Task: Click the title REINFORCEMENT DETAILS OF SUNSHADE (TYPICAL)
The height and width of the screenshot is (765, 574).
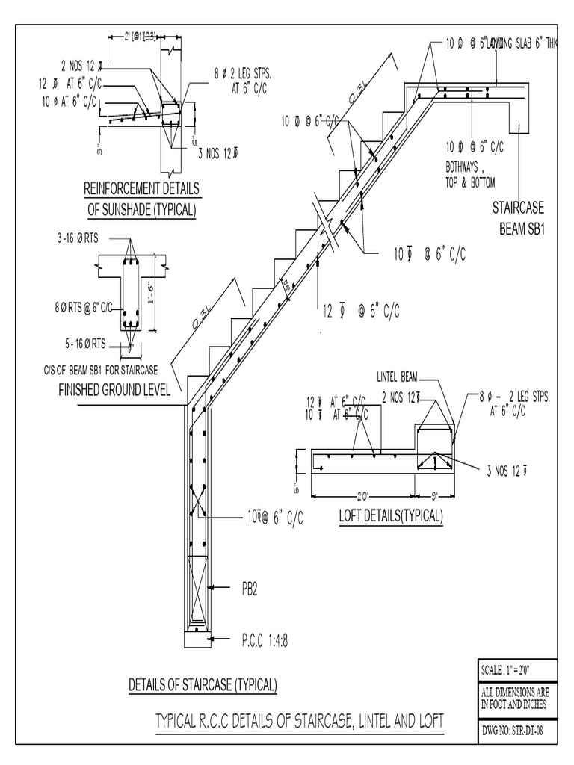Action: coord(141,198)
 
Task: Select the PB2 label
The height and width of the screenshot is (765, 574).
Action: coord(250,589)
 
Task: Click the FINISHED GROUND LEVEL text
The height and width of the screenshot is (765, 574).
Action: coord(114,390)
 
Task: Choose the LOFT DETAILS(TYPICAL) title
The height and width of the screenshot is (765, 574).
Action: coord(391,516)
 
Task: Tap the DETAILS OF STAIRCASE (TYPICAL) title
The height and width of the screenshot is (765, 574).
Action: coord(203,684)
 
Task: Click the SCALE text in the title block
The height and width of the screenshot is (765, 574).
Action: coord(507,669)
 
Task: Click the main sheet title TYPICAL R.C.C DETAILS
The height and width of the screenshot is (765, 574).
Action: coord(299,721)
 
